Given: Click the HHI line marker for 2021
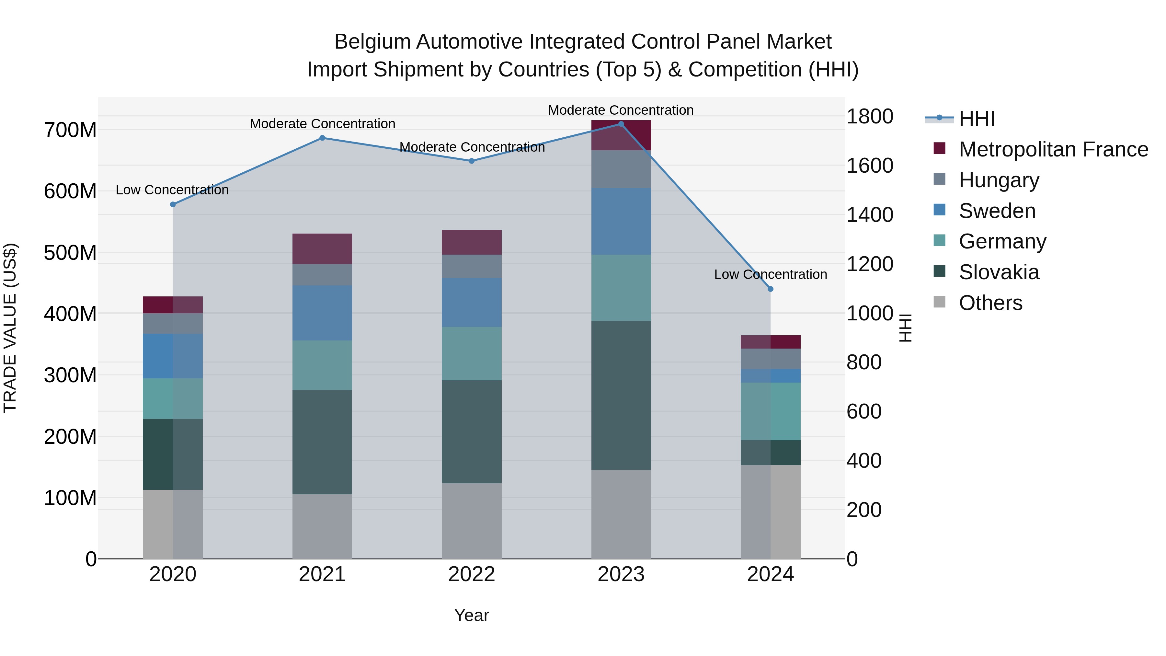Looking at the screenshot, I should (322, 138).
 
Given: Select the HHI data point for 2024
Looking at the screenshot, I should (771, 289).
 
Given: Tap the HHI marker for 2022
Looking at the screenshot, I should (471, 161).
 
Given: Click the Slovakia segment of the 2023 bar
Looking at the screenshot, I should (621, 395).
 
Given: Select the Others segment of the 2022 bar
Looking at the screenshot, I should (471, 521).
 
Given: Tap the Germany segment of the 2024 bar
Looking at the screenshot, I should (771, 411).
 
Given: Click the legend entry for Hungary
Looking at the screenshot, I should (999, 180).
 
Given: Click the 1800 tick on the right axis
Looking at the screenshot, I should (870, 116).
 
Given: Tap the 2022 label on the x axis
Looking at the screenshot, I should (471, 574).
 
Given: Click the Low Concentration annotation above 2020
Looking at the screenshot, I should (172, 190).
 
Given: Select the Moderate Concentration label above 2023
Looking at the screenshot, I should (621, 110).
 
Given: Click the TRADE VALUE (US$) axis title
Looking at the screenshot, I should (10, 328).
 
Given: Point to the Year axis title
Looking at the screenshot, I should (471, 615).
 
